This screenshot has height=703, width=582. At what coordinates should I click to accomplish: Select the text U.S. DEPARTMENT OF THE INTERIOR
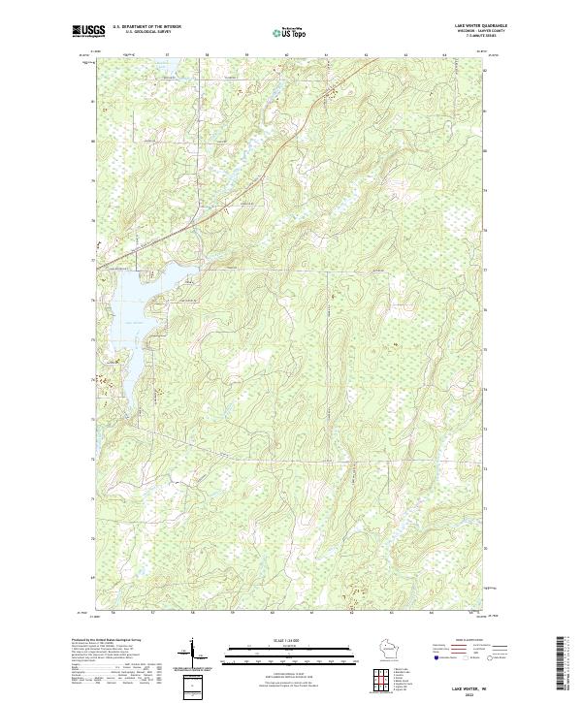coord(146,26)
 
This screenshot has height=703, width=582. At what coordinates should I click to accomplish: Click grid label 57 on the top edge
coord(166,55)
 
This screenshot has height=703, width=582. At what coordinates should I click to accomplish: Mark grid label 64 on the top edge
coord(444,55)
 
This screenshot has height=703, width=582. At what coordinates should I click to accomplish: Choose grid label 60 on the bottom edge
coord(273,614)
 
